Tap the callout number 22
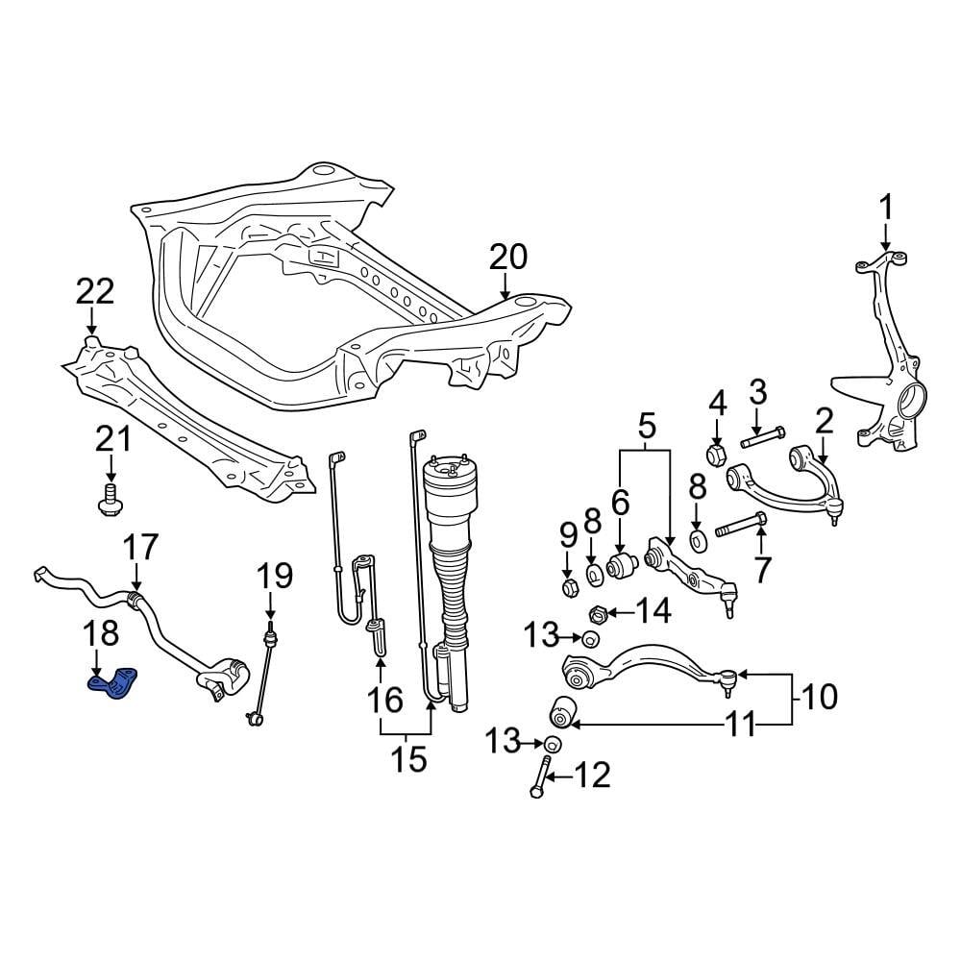[x=94, y=290]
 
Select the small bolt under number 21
[x=110, y=501]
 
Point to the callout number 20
[x=508, y=257]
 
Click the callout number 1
[x=885, y=207]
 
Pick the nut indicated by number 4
[x=716, y=453]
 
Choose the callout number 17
[x=139, y=550]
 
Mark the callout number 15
[x=408, y=759]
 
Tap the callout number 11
[x=740, y=725]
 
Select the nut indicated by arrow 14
[x=597, y=611]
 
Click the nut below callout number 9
[x=568, y=585]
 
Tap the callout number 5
[x=645, y=423]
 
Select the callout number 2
[x=824, y=420]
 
